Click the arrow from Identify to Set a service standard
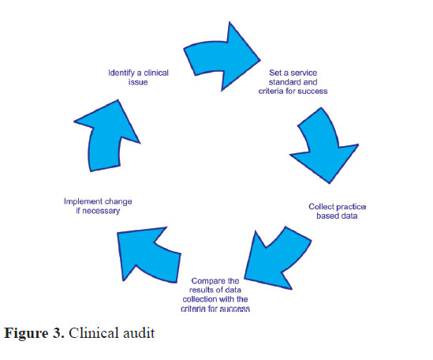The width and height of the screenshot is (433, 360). [221, 58]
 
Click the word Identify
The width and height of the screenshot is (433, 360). [121, 73]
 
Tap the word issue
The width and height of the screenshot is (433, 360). [138, 82]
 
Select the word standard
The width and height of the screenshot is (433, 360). [285, 82]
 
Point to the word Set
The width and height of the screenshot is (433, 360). [275, 73]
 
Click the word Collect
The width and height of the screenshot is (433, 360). [321, 207]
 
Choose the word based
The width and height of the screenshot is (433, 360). [327, 216]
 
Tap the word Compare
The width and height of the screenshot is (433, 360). [204, 281]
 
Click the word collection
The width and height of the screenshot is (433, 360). [196, 299]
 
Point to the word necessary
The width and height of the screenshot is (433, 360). [101, 211]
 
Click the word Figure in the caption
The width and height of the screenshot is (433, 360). [27, 333]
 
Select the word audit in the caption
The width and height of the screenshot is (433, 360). [139, 332]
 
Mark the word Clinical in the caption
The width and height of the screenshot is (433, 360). [94, 332]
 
